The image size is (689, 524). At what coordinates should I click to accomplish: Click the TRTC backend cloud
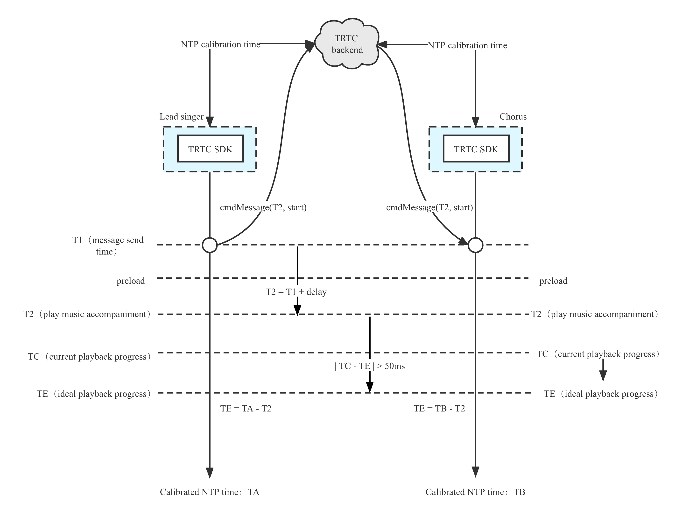347,44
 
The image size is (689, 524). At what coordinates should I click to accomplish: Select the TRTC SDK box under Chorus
476,149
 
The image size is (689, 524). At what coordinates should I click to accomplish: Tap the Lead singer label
182,117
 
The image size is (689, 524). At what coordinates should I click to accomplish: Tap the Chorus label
513,117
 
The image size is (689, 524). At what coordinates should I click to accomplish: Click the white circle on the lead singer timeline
210,245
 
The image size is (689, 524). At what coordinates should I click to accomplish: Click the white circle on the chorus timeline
475,245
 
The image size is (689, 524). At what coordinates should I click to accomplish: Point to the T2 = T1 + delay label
297,292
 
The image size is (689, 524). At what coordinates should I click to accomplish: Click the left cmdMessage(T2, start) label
263,207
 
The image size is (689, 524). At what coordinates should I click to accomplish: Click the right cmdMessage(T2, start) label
429,207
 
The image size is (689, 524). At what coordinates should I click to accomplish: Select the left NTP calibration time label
220,44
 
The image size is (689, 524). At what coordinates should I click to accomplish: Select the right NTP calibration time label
467,45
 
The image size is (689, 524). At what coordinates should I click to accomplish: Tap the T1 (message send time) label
108,246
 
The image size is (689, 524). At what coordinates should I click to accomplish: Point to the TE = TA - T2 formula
246,408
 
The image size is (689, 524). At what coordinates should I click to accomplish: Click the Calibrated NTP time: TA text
210,492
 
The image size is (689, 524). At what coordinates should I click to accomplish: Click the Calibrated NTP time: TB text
475,492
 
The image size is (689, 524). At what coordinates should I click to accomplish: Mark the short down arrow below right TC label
603,370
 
